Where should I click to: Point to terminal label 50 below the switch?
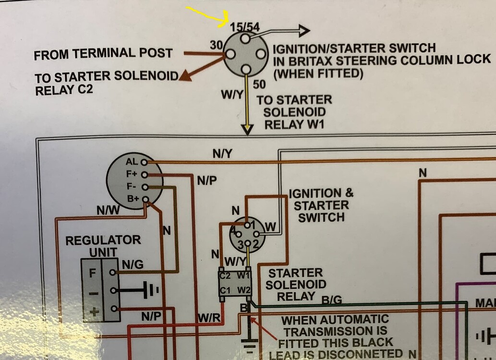[259, 85]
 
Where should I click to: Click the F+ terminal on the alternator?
[133, 174]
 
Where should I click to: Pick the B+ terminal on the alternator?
[133, 198]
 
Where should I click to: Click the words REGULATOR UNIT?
[103, 245]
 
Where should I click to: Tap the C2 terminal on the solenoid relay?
[225, 276]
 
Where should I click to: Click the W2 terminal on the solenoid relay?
[244, 290]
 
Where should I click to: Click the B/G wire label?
[331, 300]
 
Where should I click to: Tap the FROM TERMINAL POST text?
[103, 54]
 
